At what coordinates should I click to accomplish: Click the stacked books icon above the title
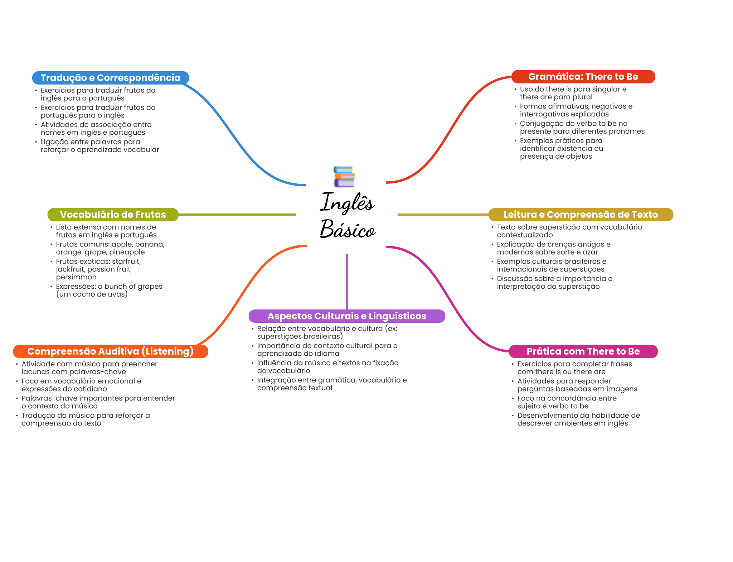tap(344, 177)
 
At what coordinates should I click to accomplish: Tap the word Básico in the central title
tap(348, 229)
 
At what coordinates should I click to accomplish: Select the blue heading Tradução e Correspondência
tap(110, 78)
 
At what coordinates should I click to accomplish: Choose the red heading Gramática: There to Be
tap(583, 77)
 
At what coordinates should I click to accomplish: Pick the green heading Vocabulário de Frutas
tap(113, 215)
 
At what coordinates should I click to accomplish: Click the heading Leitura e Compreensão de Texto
tap(581, 215)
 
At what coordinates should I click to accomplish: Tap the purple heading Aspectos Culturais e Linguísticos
tap(347, 316)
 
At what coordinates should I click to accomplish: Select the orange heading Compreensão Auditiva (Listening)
tap(110, 351)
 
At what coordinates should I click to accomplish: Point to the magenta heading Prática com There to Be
tap(583, 351)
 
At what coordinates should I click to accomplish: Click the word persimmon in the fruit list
tap(76, 277)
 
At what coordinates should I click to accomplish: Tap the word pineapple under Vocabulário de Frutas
tap(127, 252)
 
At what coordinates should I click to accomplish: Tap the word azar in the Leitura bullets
tap(590, 252)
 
